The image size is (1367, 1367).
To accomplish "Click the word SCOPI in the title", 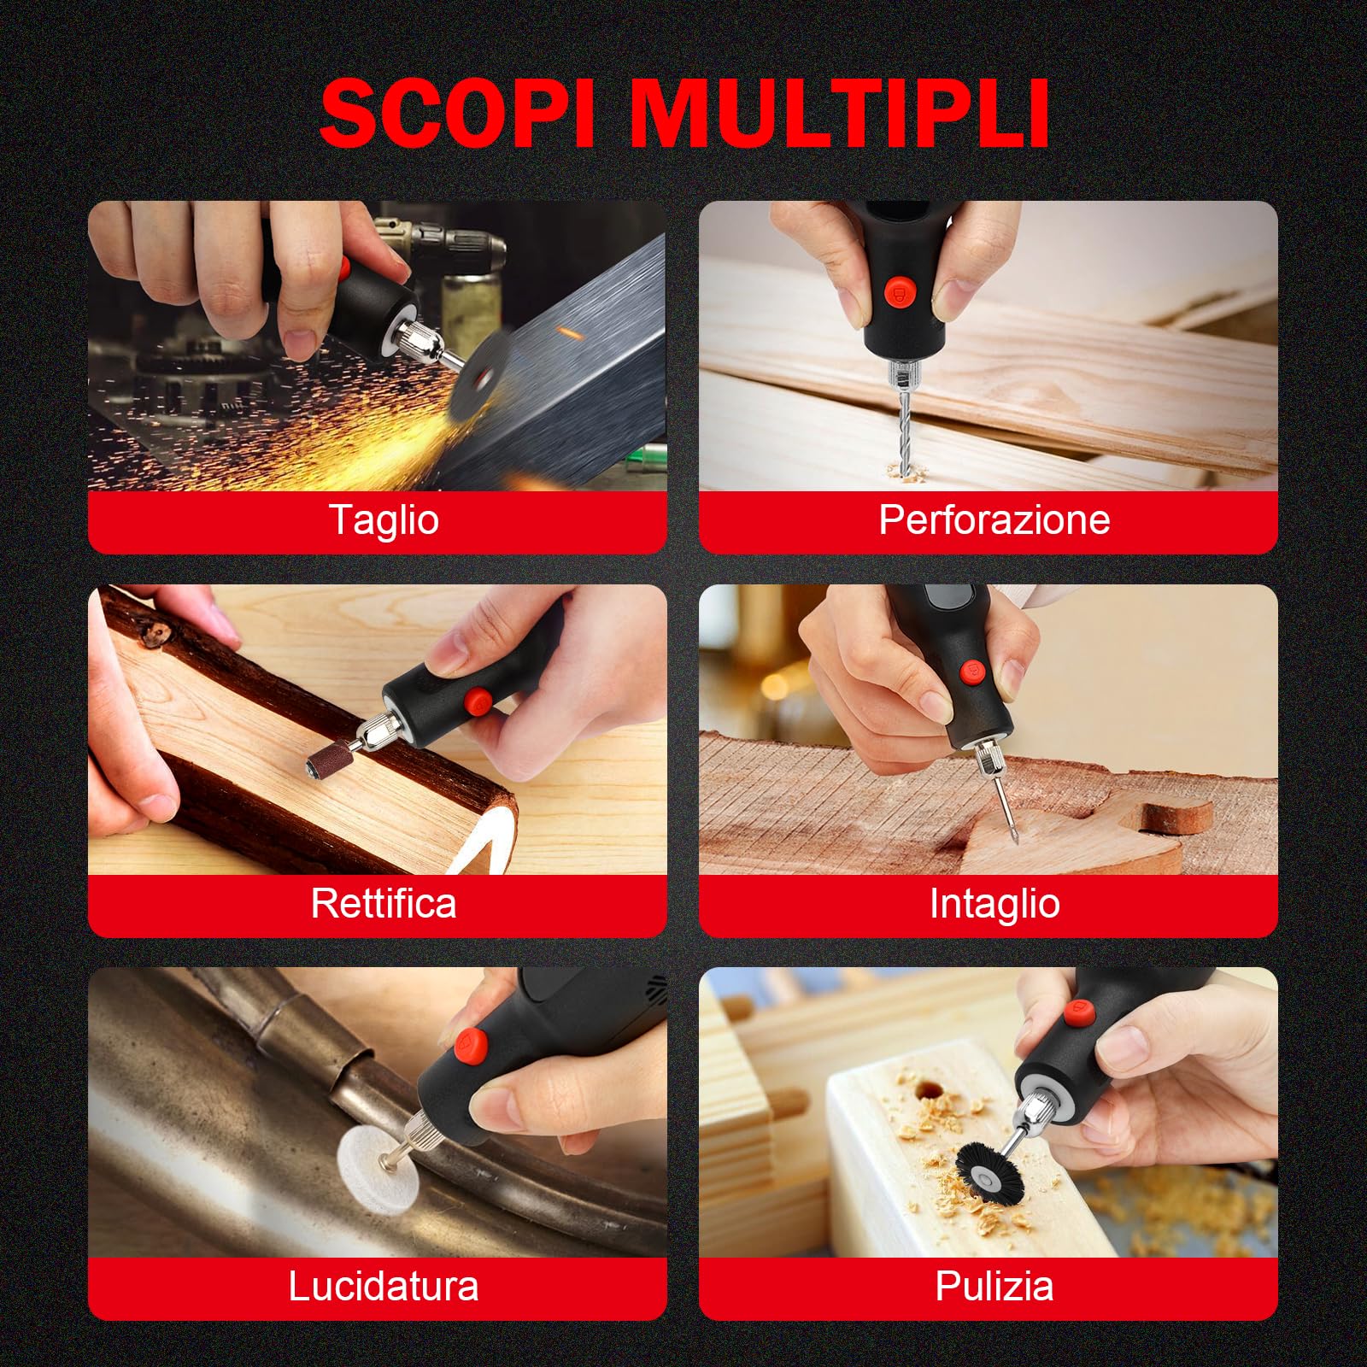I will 456,114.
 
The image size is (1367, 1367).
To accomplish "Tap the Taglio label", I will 384,519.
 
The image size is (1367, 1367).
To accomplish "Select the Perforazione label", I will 994,519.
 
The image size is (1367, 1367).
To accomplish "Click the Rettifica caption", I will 384,903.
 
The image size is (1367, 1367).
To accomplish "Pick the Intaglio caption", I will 994,903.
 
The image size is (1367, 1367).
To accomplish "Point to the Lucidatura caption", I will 384,1286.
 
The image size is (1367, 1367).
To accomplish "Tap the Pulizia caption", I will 994,1286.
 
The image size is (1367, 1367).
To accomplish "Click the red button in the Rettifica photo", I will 477,702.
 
